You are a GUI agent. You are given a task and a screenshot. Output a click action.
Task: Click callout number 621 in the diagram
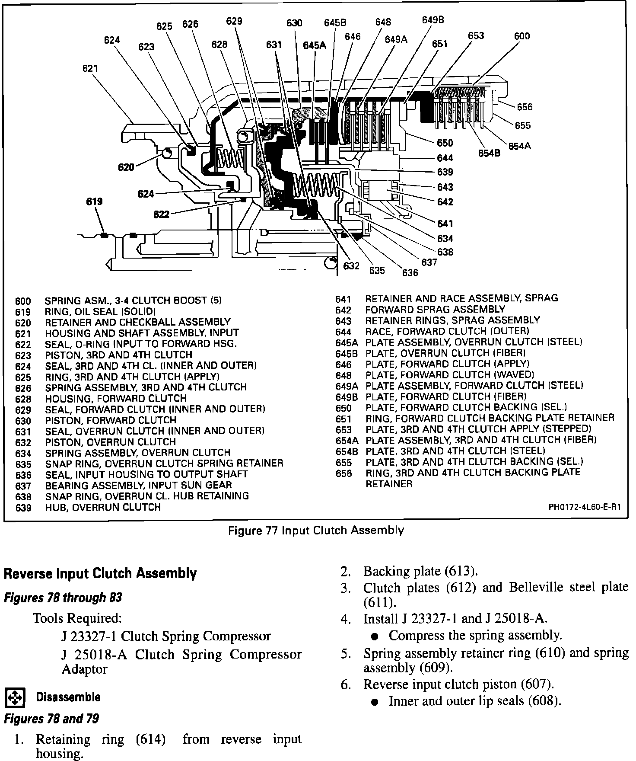90,68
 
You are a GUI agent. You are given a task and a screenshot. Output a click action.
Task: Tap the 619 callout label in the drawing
94,201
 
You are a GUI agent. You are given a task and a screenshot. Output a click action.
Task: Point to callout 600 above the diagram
522,36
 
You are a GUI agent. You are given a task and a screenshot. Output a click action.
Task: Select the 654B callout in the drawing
489,153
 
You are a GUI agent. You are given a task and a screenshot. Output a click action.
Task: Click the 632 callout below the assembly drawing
351,266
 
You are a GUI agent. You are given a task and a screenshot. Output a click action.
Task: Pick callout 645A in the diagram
314,45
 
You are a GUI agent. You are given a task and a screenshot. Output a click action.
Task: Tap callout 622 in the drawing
161,214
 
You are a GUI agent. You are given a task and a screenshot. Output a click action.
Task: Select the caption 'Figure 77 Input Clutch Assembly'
316,530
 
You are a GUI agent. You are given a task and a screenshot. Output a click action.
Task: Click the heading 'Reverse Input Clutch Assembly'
100,574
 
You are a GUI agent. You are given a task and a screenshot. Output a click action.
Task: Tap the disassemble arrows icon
15,697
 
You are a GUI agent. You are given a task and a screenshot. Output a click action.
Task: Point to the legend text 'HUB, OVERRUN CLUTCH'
103,507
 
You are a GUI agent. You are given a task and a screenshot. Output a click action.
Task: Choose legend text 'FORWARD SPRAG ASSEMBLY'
435,309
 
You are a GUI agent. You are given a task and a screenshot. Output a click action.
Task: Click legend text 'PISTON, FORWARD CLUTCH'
111,420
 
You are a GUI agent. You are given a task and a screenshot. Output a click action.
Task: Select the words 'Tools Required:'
77,618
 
